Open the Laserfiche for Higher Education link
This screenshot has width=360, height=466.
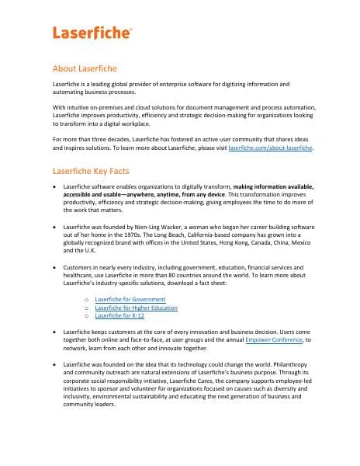coord(136,308)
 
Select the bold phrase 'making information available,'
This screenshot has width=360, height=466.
coord(274,188)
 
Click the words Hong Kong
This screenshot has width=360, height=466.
coord(242,243)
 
